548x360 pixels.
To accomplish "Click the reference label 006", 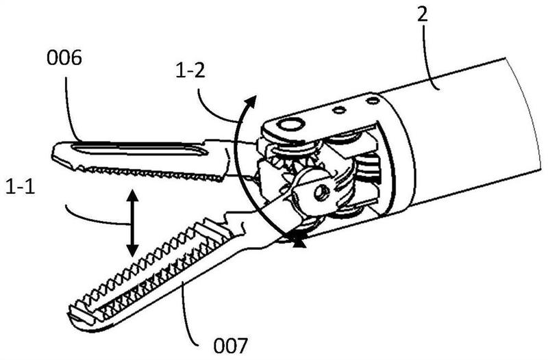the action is (64, 57).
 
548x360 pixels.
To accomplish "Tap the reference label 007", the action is (231, 346).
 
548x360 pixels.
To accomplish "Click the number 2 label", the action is (422, 14).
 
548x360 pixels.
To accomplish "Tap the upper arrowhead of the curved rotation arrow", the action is (250, 101).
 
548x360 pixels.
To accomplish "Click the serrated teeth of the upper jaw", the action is (150, 173).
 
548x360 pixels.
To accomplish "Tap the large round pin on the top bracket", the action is (290, 125).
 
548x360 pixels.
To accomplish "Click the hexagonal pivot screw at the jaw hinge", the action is (321, 192).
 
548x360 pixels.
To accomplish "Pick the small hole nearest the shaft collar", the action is (372, 101).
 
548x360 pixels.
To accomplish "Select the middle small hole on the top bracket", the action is (339, 110).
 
